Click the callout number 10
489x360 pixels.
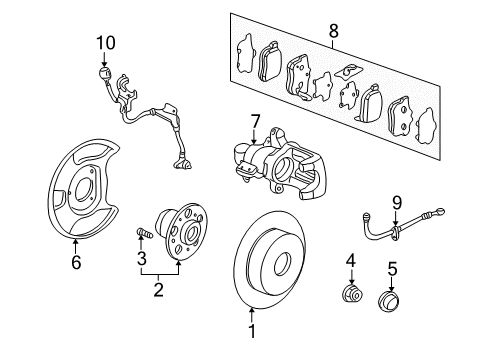106,43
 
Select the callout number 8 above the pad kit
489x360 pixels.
333,31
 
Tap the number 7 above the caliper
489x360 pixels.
255,121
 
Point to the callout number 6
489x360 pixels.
76,262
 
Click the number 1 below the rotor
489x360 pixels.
252,331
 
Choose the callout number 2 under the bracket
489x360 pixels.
159,289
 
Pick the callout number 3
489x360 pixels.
142,258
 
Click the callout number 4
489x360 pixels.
350,260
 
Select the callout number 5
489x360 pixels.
393,269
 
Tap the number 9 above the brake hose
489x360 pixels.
397,203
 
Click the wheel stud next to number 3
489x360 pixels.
145,232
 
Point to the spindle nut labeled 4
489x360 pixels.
353,294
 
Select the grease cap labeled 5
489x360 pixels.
389,301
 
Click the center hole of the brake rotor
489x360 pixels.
282,264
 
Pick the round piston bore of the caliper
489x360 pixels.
282,168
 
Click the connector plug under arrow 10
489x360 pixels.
104,73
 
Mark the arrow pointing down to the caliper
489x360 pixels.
254,137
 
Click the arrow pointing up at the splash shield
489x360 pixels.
75,246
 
